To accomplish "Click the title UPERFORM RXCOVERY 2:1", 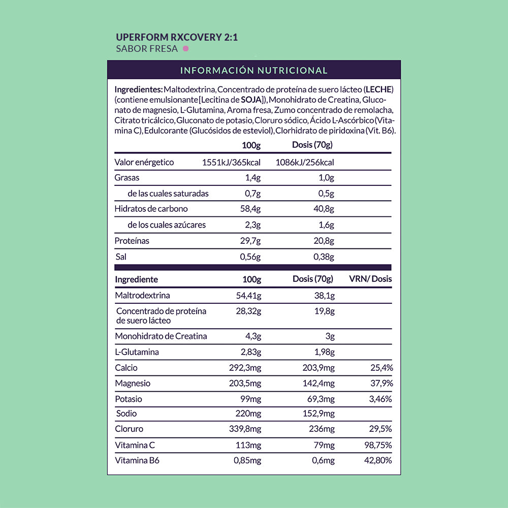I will (x=177, y=38).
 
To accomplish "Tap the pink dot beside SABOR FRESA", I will (x=186, y=49).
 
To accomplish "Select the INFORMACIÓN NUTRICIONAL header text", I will (x=253, y=70).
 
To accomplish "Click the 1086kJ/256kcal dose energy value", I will (x=305, y=162).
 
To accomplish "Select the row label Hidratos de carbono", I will (x=151, y=209).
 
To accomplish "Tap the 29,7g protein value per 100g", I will (x=250, y=241).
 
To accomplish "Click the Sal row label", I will (x=121, y=257).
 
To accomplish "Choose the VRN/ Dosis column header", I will (x=370, y=279).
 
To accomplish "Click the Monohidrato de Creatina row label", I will (x=161, y=336).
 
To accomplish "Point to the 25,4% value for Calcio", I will (x=381, y=368).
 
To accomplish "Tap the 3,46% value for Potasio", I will (x=380, y=399).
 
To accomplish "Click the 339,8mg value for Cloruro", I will (x=245, y=429).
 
